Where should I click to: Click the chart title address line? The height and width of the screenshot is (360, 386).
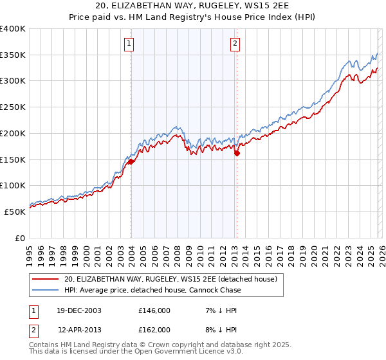[x=193, y=7]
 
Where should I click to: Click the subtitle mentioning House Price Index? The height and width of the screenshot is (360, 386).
[x=193, y=19]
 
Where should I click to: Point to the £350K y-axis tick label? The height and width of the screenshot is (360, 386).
[x=13, y=55]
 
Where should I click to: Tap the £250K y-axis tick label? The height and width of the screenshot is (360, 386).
[x=13, y=107]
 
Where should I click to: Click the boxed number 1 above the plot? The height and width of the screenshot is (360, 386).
[x=129, y=44]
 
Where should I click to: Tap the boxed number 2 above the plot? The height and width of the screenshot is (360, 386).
[x=235, y=44]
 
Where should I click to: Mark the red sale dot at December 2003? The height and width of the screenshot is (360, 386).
[x=131, y=162]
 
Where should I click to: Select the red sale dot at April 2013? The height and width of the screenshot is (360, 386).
[x=237, y=153]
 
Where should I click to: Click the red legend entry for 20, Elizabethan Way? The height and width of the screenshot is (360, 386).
[x=170, y=279]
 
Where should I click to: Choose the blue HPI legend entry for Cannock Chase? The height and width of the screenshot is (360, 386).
[x=152, y=290]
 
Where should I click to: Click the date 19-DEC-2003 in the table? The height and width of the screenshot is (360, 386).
[x=80, y=310]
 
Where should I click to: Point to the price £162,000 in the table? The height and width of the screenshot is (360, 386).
[x=154, y=329]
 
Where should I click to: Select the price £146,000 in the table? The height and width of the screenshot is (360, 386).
[x=154, y=310]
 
